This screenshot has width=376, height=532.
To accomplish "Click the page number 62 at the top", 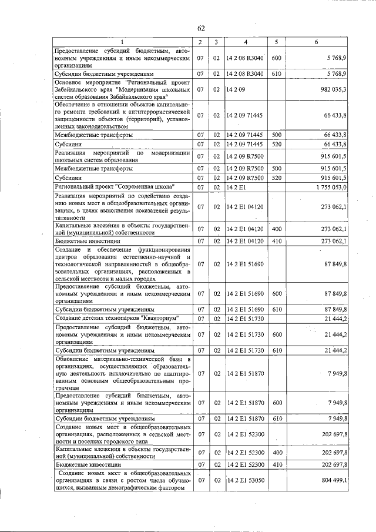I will (x=201, y=28).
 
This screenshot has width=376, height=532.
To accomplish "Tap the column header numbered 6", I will (x=317, y=42).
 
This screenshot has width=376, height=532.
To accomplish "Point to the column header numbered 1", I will (x=122, y=42).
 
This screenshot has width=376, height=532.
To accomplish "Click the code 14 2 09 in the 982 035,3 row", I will (x=235, y=89).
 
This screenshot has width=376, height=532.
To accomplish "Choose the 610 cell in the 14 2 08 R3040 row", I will (x=276, y=74).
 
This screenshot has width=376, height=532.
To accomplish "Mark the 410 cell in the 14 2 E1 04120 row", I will (x=276, y=240).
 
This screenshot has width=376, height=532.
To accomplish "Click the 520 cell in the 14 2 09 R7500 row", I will (x=276, y=177).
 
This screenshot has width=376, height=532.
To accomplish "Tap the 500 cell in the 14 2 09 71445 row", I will (x=276, y=135).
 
